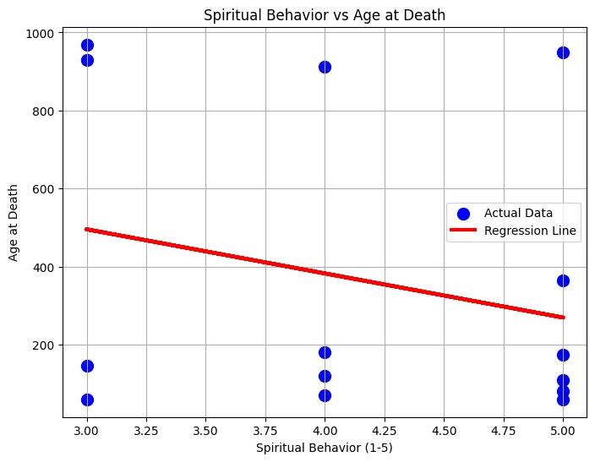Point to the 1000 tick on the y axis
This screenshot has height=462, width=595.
[43, 33]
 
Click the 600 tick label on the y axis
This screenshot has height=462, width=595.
[43, 189]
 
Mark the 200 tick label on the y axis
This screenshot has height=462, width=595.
[43, 345]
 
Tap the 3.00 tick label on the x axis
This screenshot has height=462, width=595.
[87, 430]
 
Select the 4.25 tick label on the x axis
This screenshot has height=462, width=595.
[385, 430]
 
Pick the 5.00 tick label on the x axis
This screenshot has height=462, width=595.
[563, 430]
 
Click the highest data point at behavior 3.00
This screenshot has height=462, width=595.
[87, 45]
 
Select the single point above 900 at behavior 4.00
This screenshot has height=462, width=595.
[325, 67]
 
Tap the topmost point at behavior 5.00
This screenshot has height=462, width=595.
[563, 52]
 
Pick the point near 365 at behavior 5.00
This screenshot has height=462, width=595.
[563, 280]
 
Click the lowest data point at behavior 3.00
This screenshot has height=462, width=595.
[87, 399]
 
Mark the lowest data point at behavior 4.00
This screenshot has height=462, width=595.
[325, 395]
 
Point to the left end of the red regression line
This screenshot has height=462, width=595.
[87, 229]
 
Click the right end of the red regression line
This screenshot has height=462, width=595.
[563, 318]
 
